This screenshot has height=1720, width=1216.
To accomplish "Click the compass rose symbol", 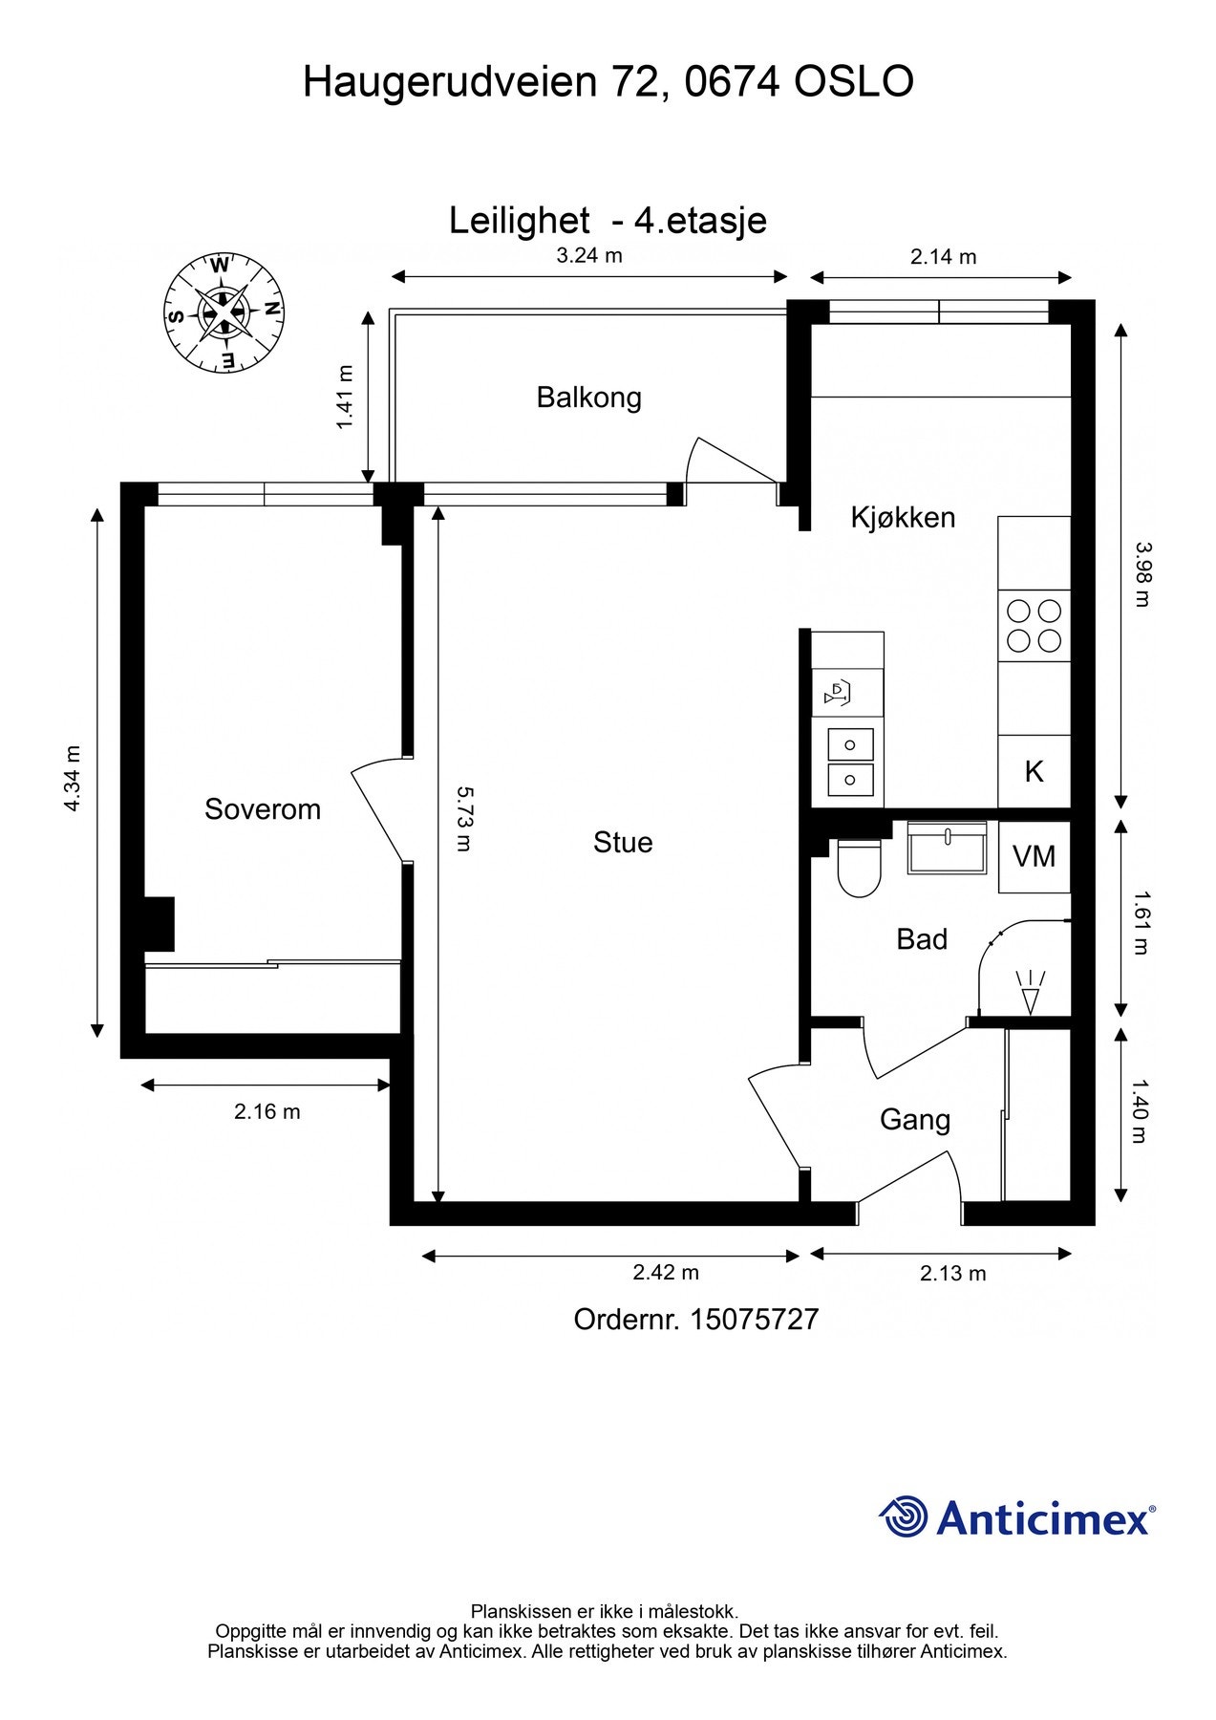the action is (224, 312).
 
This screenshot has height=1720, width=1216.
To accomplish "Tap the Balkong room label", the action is (588, 398).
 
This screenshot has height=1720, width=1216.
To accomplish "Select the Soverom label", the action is (263, 809).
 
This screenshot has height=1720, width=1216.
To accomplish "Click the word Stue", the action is (623, 842).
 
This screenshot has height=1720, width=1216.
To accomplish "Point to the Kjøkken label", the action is (903, 517).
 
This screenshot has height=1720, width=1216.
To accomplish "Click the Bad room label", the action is (922, 939).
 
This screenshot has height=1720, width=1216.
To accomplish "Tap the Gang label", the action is (915, 1120).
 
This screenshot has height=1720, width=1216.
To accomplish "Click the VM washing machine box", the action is (1035, 857).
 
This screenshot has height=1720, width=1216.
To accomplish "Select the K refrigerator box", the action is (1035, 771).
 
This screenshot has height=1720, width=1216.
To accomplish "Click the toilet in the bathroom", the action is (858, 868).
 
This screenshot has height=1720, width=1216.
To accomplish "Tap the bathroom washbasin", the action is (946, 848).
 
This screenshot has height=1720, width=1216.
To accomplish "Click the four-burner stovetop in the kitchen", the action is (1035, 626).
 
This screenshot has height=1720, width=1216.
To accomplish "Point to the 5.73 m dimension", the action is (463, 818).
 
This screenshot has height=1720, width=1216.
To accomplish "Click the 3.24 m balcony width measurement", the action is (589, 255).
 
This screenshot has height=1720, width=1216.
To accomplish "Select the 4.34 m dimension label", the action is (73, 778).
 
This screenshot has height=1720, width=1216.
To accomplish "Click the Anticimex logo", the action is (1016, 1516).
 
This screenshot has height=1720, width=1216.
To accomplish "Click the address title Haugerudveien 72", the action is (480, 83).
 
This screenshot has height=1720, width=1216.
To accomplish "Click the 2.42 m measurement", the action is (666, 1272).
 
